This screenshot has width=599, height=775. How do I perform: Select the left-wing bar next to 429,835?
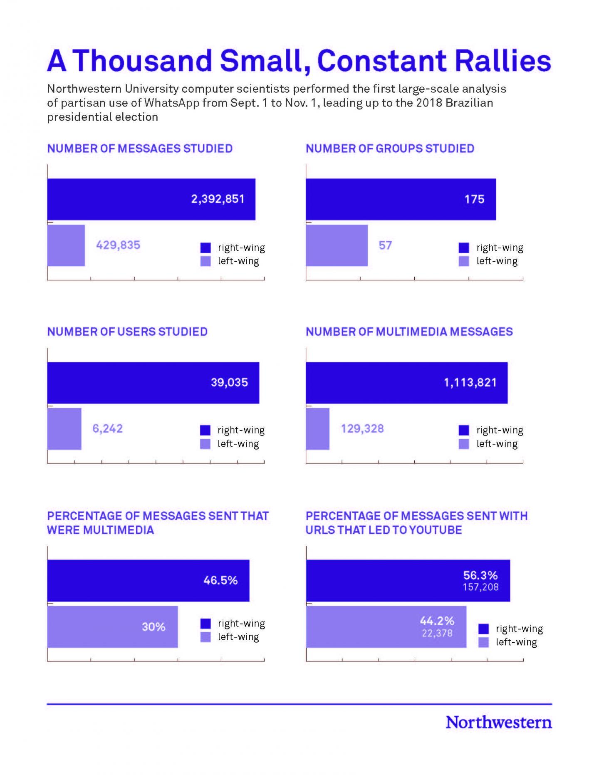coord(66,245)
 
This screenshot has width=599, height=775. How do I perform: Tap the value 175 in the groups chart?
coord(474,199)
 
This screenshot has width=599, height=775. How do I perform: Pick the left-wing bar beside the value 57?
coord(337,245)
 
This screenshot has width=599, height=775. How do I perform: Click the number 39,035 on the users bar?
coord(229,382)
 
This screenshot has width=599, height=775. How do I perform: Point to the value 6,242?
coord(108,428)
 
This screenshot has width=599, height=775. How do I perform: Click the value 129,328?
coord(362,428)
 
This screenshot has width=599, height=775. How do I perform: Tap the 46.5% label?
coord(220,580)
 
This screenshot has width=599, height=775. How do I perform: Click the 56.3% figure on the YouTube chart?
coord(480,575)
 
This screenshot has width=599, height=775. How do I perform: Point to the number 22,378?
coord(437,633)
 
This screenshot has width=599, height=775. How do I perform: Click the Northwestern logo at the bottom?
coord(499,723)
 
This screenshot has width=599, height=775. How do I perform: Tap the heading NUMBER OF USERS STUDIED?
coord(127,332)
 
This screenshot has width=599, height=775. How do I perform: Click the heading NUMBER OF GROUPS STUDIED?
coord(390,149)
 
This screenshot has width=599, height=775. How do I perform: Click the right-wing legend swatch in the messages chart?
coord(205,248)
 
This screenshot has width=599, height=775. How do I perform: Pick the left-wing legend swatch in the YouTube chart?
coord(483,642)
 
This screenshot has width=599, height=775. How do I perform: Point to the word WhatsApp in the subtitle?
coord(172,103)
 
